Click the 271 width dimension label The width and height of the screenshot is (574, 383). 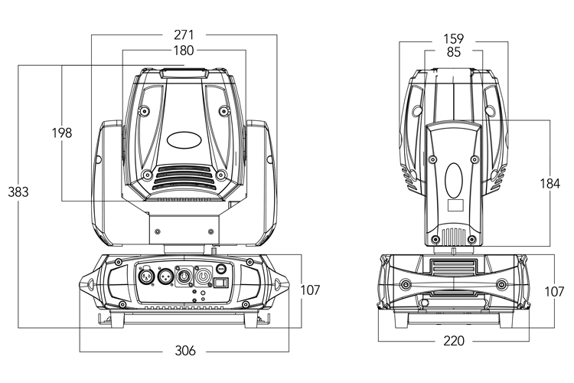tap(184, 34)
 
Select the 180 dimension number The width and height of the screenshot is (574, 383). tap(184, 51)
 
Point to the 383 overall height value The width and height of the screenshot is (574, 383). tap(18, 192)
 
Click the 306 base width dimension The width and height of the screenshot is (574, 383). tap(184, 350)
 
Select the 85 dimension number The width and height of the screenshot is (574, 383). tap(454, 52)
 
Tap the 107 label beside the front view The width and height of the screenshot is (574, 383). tap(311, 290)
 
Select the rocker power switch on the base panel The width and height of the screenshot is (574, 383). tap(221, 283)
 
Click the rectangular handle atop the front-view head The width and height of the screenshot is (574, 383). tap(184, 74)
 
